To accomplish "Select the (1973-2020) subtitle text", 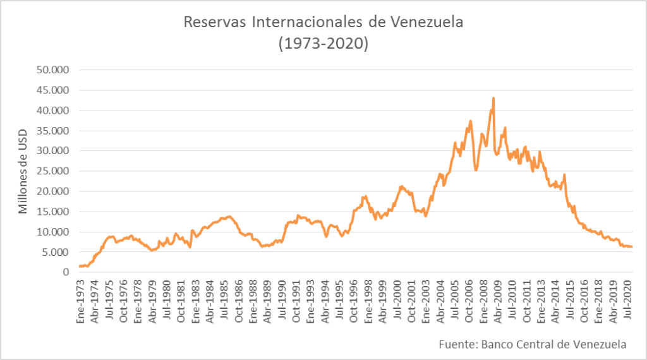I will pyautogui.click(x=323, y=44).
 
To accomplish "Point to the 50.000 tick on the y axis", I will pyautogui.click(x=54, y=70).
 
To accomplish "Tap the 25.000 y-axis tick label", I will pyautogui.click(x=54, y=171).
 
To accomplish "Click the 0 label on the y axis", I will pyautogui.click(x=65, y=272).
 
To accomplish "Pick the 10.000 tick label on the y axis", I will pyautogui.click(x=54, y=232).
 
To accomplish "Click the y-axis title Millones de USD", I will pyautogui.click(x=23, y=171).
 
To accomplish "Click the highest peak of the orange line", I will pyautogui.click(x=493, y=99).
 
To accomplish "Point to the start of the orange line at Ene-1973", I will pyautogui.click(x=80, y=266).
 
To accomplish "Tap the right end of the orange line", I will pyautogui.click(x=632, y=247).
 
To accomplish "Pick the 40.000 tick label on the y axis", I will pyautogui.click(x=54, y=111).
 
